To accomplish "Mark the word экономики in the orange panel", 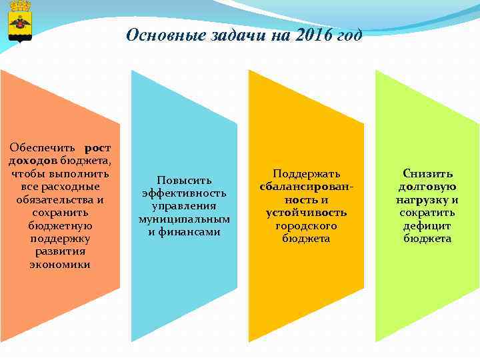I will point(60,265).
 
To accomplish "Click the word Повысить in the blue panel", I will point(184,180).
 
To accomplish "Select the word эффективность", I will point(184,193).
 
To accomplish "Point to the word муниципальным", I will point(184,219).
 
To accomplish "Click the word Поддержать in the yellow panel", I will point(306,174).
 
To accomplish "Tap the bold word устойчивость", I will point(306,213).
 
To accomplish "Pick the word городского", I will point(306,226).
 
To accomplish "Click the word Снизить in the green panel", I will point(427,174).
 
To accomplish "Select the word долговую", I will point(427,187).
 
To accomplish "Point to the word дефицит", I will point(427,226).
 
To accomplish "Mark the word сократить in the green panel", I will point(427,213).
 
